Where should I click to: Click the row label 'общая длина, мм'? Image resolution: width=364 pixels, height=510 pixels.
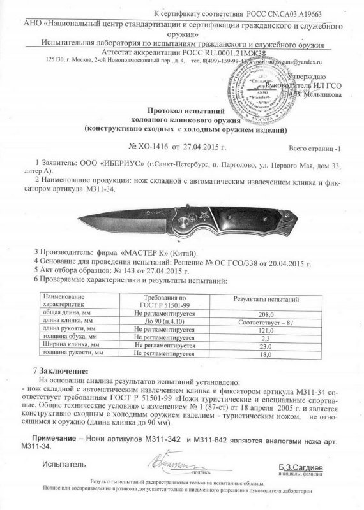coord(63,314)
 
